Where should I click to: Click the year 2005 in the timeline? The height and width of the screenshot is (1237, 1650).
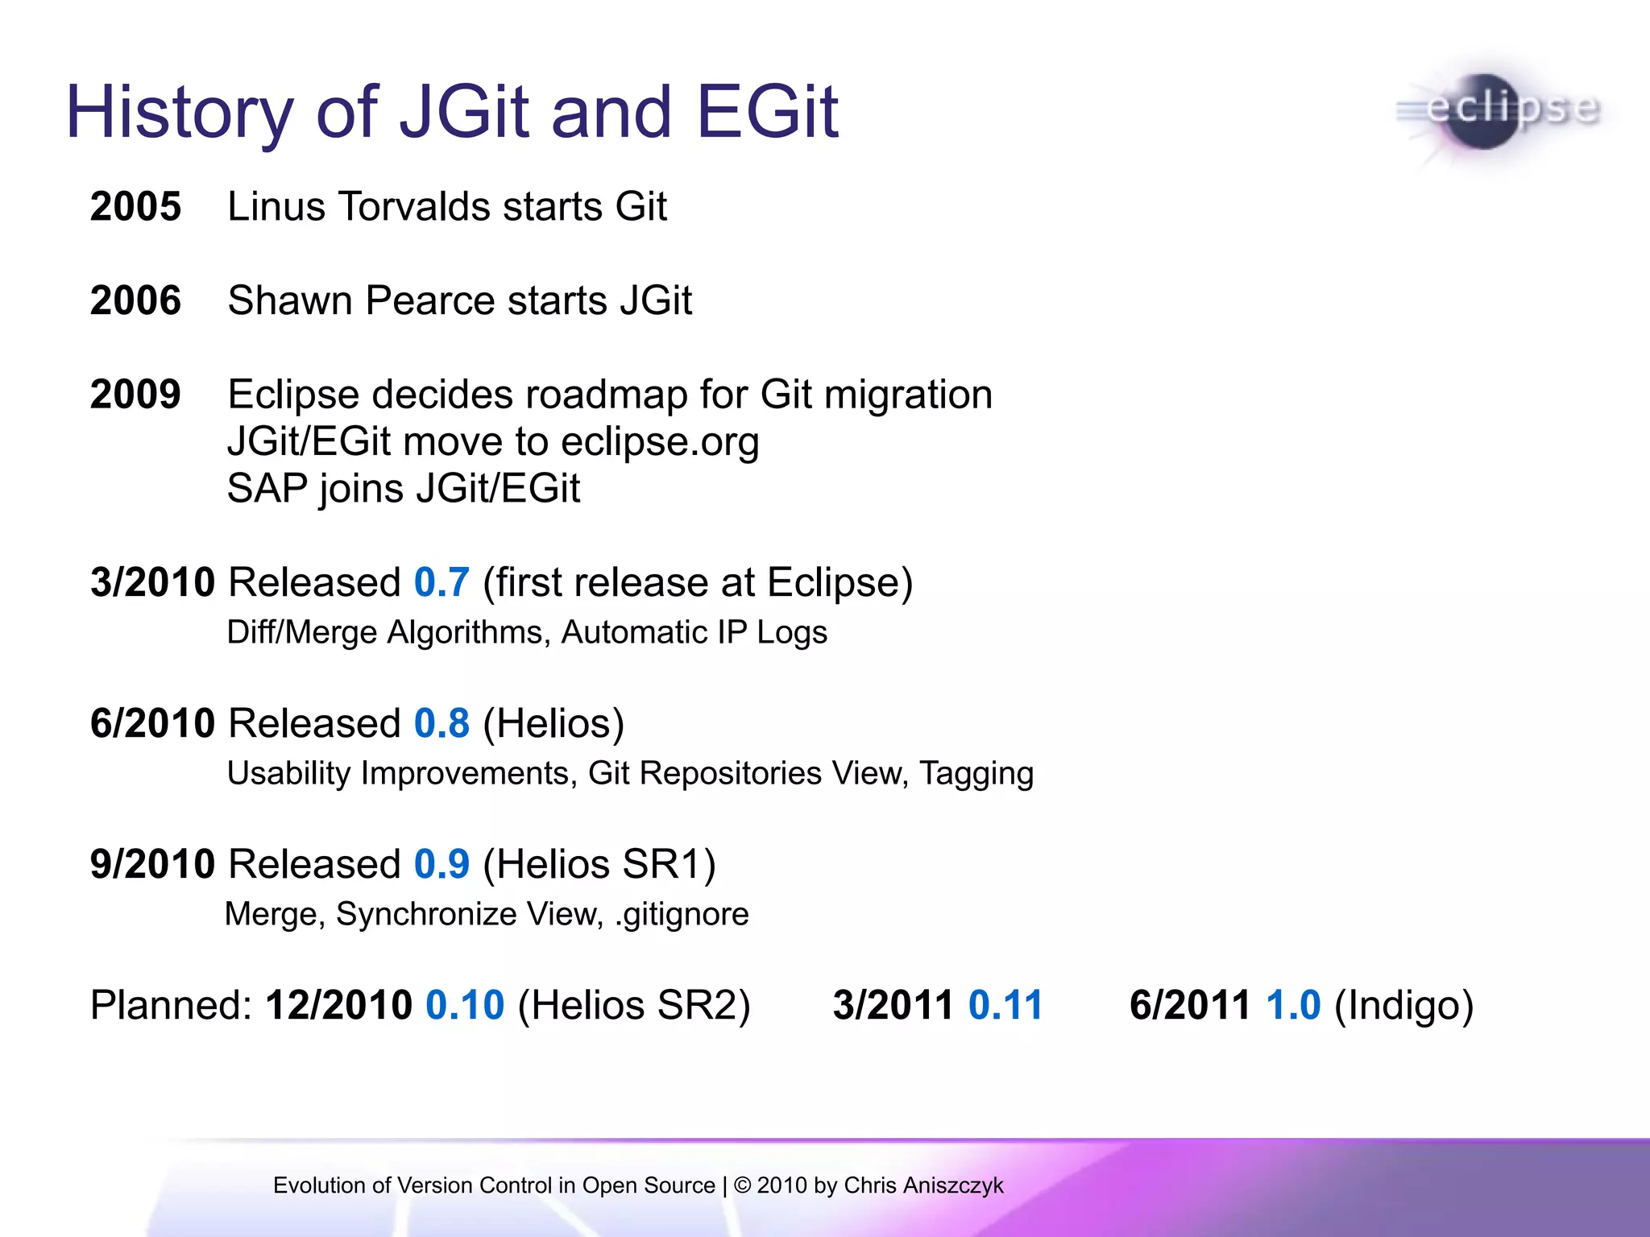[x=135, y=206]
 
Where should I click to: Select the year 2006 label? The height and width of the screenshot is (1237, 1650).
[x=135, y=300]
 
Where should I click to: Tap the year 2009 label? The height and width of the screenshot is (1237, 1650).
[x=135, y=395]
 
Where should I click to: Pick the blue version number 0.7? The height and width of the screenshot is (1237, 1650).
[x=441, y=582]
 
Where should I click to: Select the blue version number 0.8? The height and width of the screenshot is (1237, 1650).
[x=441, y=723]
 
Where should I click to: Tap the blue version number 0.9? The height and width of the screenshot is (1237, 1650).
[x=441, y=864]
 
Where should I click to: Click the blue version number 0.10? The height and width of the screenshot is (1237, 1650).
[x=465, y=1005]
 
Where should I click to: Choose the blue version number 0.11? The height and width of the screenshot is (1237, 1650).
[x=1005, y=1005]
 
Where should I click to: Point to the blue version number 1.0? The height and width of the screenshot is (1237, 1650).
[x=1293, y=1005]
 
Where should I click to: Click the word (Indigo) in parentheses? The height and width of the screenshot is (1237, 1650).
[x=1403, y=1005]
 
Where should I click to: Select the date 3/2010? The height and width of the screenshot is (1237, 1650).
[x=152, y=582]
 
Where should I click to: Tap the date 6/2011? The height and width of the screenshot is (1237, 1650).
[x=1190, y=1005]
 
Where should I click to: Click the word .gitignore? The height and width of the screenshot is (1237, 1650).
[x=682, y=914]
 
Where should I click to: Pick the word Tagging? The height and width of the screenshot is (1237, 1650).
[x=976, y=773]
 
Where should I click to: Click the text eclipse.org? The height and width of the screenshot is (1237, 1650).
[x=660, y=442]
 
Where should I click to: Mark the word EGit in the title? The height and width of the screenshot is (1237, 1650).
[x=767, y=112]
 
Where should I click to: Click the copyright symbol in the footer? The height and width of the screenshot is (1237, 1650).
[x=743, y=1185]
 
